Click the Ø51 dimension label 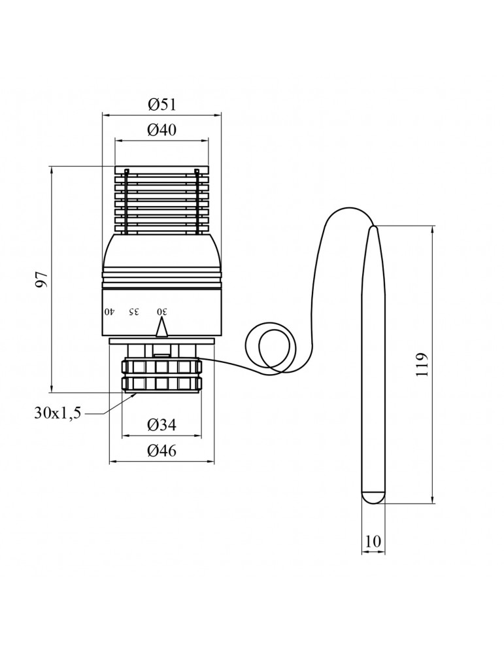(x=161, y=104)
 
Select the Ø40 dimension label (x=161, y=130)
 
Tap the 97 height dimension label (x=42, y=279)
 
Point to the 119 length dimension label (x=422, y=365)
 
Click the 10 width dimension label (x=373, y=542)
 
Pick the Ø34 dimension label (x=161, y=425)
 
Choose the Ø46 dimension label (x=161, y=451)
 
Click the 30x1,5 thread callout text (x=58, y=413)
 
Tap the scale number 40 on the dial (x=109, y=311)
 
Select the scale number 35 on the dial (x=133, y=311)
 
